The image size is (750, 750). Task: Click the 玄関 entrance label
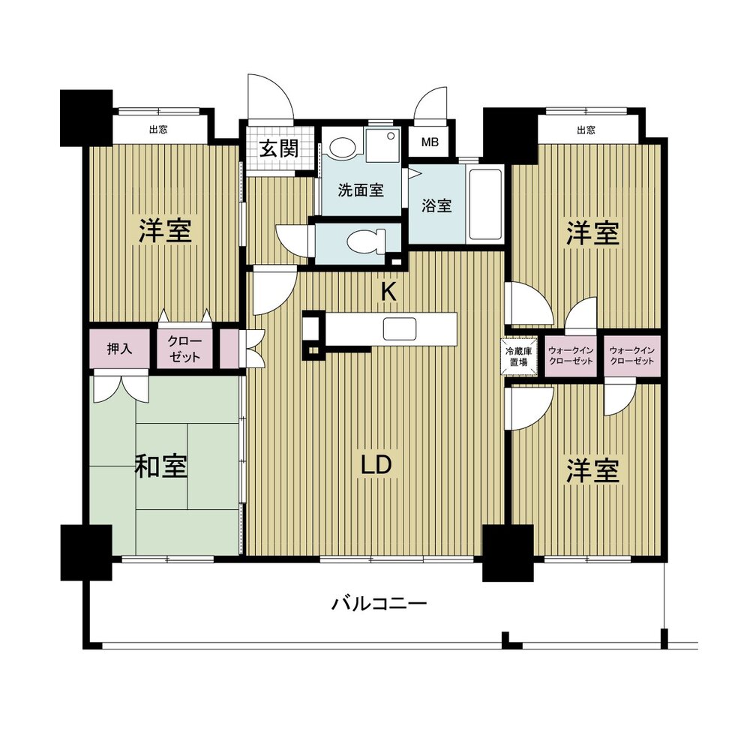[x=279, y=148]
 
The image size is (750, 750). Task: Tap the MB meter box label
[x=430, y=142]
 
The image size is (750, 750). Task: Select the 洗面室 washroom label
[x=361, y=190]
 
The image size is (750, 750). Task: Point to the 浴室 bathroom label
[x=436, y=205]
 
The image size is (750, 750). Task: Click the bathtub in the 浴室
[x=485, y=204]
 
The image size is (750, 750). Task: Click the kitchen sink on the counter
[x=399, y=328]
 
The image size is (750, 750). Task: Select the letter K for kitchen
[x=388, y=291]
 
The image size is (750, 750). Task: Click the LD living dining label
[x=376, y=464]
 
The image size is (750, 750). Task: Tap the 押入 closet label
[x=119, y=349]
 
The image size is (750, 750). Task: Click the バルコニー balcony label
[x=379, y=603]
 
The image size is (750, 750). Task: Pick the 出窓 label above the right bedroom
[x=586, y=130]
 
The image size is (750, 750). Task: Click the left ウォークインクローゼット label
[x=571, y=355]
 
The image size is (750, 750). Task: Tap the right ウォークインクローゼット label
[x=631, y=355]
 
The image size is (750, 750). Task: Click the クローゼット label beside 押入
[x=184, y=349]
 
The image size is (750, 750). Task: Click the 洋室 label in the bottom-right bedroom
[x=592, y=470]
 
